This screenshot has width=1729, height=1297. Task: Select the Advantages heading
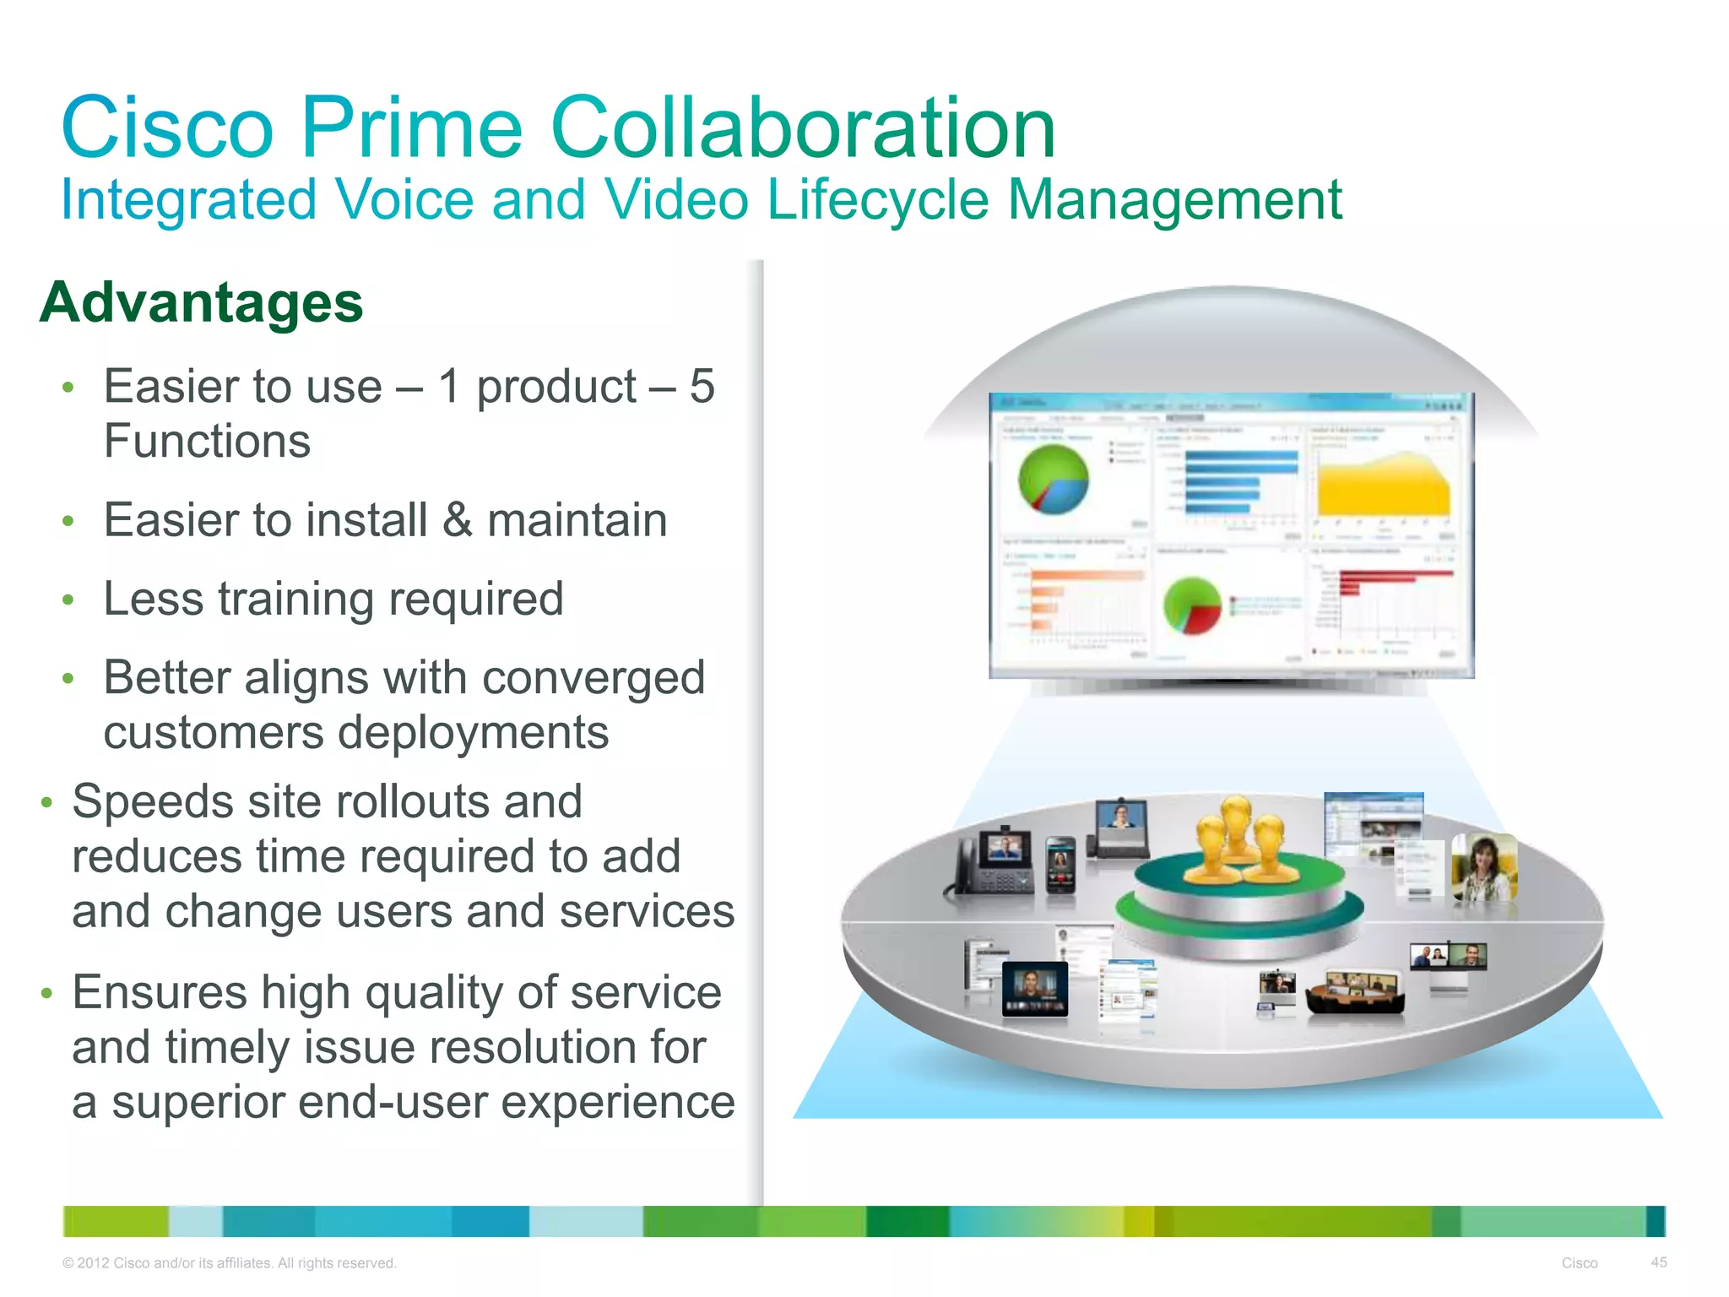(x=201, y=302)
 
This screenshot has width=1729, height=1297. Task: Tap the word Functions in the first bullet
(x=207, y=441)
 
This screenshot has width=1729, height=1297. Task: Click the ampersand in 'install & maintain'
(x=457, y=519)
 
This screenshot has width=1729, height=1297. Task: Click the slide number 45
(x=1658, y=1262)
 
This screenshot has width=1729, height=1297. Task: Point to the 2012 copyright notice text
(x=229, y=1263)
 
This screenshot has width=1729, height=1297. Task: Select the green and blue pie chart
(x=1053, y=480)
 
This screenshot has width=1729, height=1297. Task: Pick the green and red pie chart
(x=1192, y=605)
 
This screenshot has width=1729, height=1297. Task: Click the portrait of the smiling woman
(x=1483, y=867)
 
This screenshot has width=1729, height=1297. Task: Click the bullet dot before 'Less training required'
(x=68, y=600)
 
